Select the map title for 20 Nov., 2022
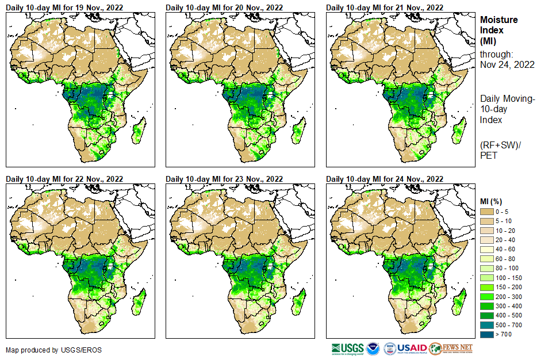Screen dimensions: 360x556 (224, 7)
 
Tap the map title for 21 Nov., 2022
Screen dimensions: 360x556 (385, 7)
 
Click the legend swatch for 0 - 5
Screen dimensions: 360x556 (487, 212)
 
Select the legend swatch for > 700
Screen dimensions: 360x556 (487, 333)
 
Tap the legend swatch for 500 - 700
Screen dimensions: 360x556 (487, 324)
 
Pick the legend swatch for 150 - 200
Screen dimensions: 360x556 (487, 287)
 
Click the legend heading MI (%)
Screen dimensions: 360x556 (492, 201)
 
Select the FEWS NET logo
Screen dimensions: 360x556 (451, 348)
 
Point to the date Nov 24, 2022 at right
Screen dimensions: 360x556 (507, 64)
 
